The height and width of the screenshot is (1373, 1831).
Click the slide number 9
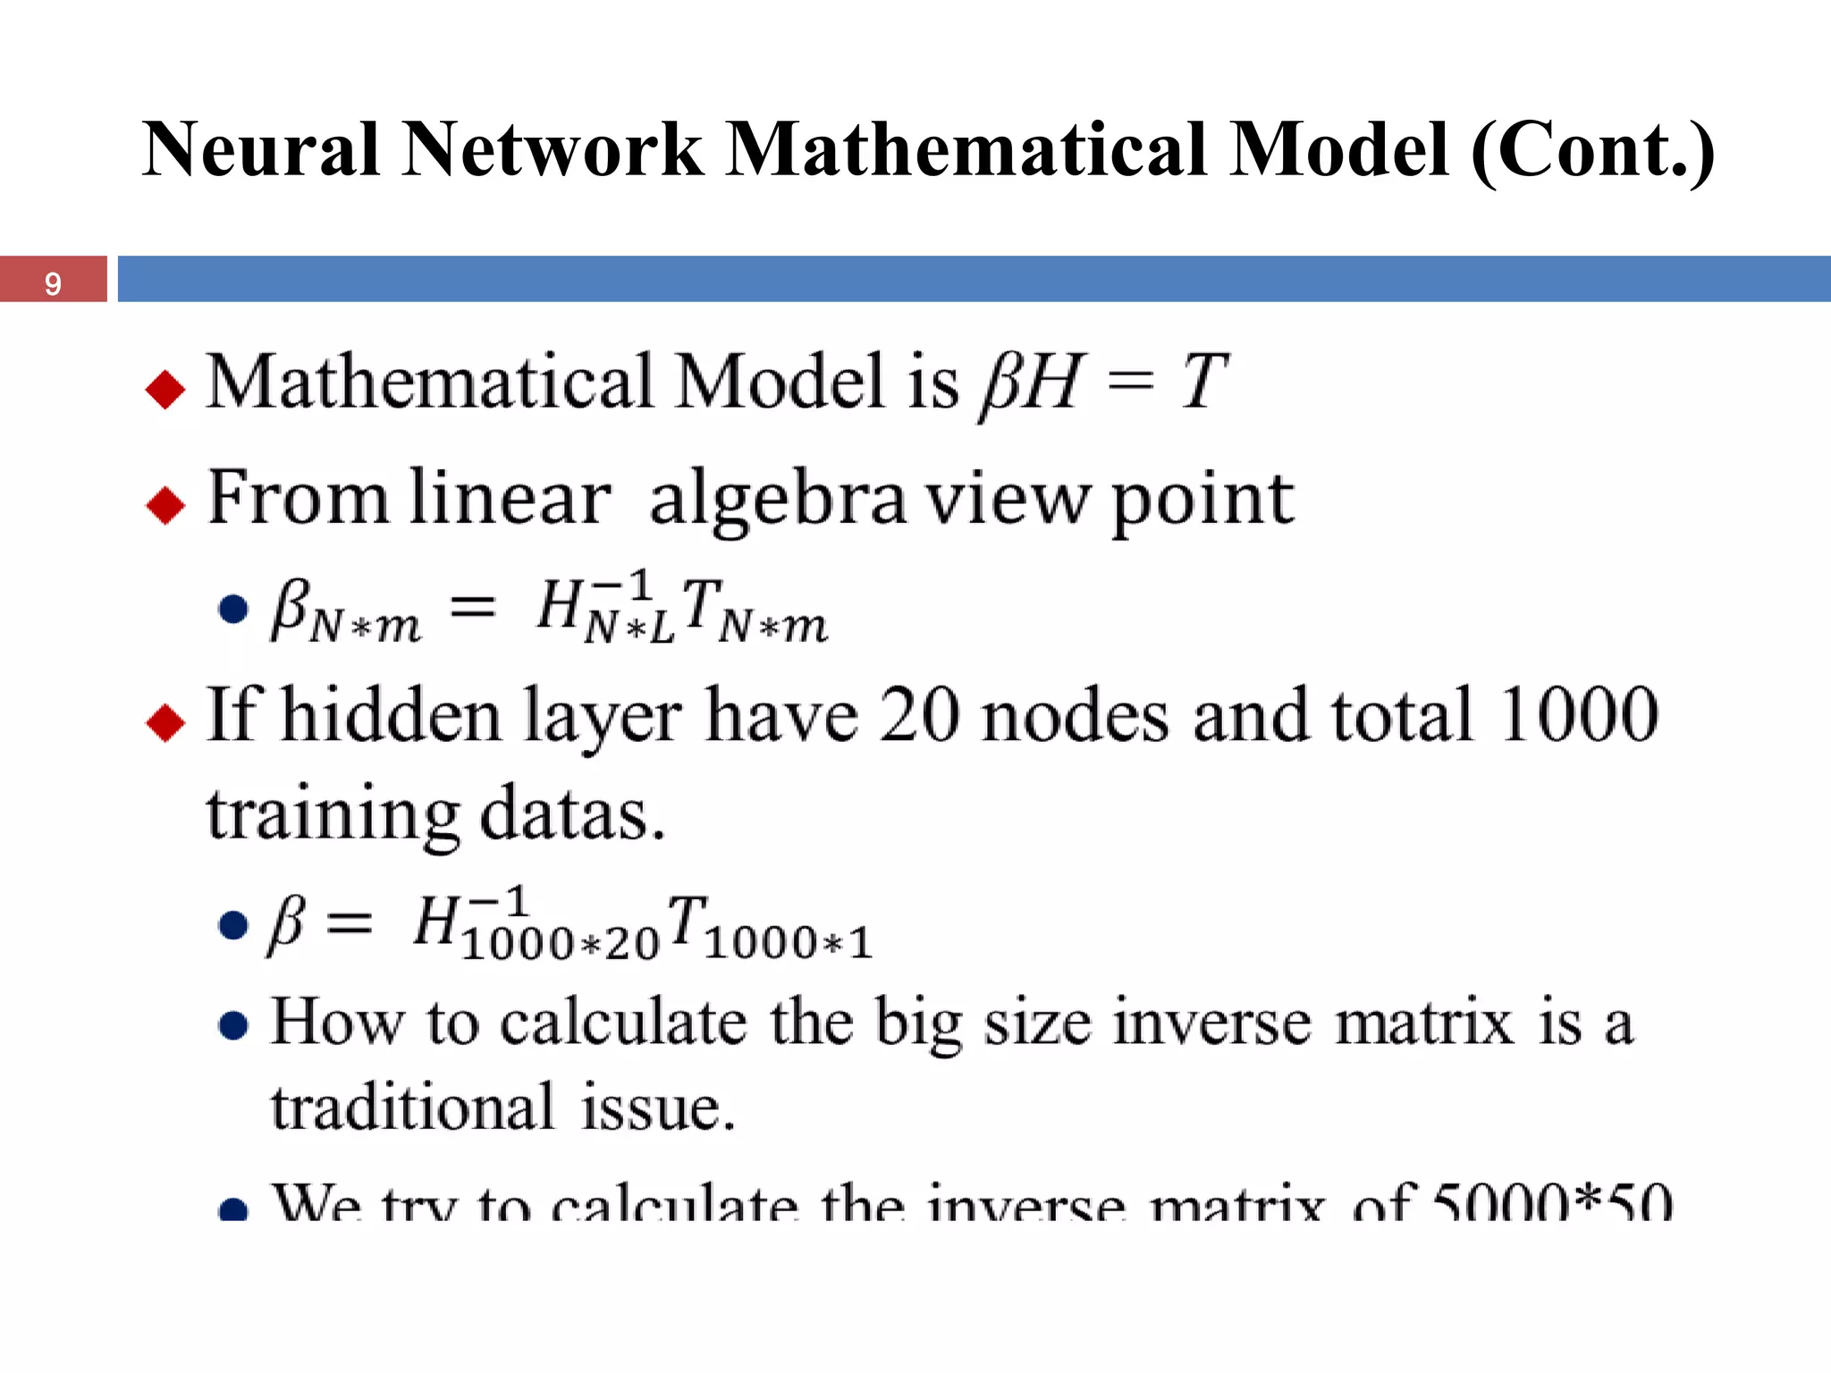click(53, 283)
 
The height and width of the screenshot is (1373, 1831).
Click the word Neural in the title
click(260, 149)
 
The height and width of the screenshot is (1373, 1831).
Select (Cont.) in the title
click(1592, 149)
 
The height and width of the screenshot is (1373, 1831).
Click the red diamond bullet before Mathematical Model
click(165, 389)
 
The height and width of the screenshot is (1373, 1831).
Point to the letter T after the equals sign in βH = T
click(1202, 382)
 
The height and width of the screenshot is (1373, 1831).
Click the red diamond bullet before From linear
click(165, 505)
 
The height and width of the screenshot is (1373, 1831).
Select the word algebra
click(776, 501)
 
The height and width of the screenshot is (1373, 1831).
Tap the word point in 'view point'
click(1202, 501)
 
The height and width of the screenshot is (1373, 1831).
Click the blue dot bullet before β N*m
click(233, 609)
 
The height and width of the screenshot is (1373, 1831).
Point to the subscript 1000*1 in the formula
click(788, 943)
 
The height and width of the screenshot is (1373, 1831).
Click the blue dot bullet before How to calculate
click(233, 1025)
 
